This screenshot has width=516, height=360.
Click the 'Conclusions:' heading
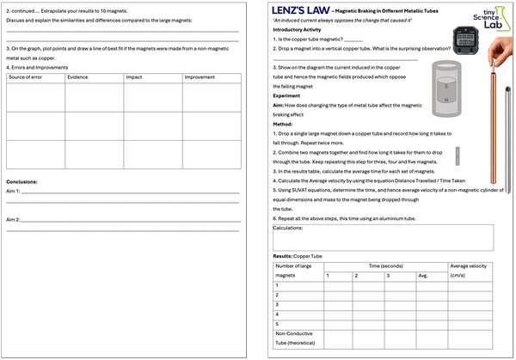coord(23,181)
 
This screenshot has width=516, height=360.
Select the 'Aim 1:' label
coord(13,192)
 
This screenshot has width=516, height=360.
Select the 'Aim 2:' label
coord(13,220)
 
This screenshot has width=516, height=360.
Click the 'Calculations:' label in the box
coord(289,228)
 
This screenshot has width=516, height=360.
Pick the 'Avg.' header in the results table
coord(422,276)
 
